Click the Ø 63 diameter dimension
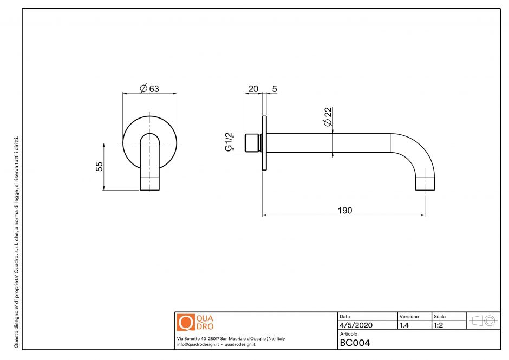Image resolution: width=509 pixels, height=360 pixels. tap(149, 89)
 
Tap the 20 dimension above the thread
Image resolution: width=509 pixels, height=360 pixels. tap(252, 89)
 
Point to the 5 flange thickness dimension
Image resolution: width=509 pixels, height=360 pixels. tap(275, 89)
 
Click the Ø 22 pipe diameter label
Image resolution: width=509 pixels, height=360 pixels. tap(328, 117)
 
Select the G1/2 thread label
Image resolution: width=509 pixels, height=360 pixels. tap(229, 142)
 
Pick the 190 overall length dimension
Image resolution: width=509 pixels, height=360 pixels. tap(344, 210)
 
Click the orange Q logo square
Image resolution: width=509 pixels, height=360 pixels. tap(185, 322)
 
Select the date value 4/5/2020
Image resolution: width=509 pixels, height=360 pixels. tap(356, 325)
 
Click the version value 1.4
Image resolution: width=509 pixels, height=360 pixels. tap(403, 325)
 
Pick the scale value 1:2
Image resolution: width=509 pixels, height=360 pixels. tap(440, 325)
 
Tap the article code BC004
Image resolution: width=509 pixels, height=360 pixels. tap(355, 342)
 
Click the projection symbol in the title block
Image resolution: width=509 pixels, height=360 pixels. tap(483, 320)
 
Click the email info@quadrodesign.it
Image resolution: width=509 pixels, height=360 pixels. tap(198, 344)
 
